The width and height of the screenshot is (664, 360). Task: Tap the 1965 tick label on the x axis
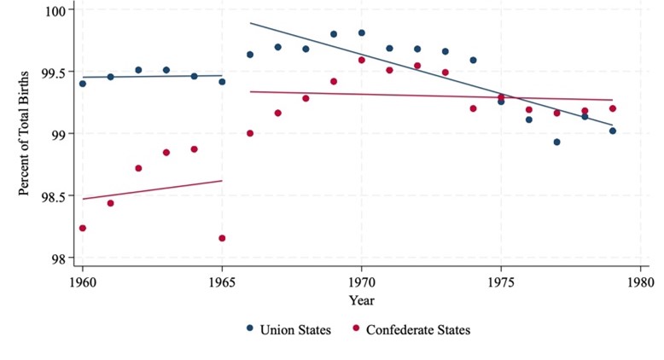tap(222, 279)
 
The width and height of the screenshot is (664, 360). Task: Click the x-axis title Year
tap(361, 299)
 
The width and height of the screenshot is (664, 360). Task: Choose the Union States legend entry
tap(288, 328)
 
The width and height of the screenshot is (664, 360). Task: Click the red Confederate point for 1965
tap(222, 238)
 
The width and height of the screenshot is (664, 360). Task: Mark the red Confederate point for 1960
tap(83, 228)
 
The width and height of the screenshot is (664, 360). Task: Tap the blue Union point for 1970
tap(362, 33)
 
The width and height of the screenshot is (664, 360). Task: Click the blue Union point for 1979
tap(613, 131)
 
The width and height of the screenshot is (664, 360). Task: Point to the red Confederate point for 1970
tap(362, 60)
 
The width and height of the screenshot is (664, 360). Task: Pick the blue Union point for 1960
tap(83, 84)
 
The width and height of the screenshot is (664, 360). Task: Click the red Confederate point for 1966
tap(250, 133)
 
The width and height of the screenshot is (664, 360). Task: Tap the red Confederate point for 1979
tap(613, 108)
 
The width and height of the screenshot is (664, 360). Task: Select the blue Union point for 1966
tap(250, 55)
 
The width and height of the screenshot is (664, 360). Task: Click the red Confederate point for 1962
tap(138, 168)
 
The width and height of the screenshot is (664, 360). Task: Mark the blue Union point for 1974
tap(473, 60)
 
